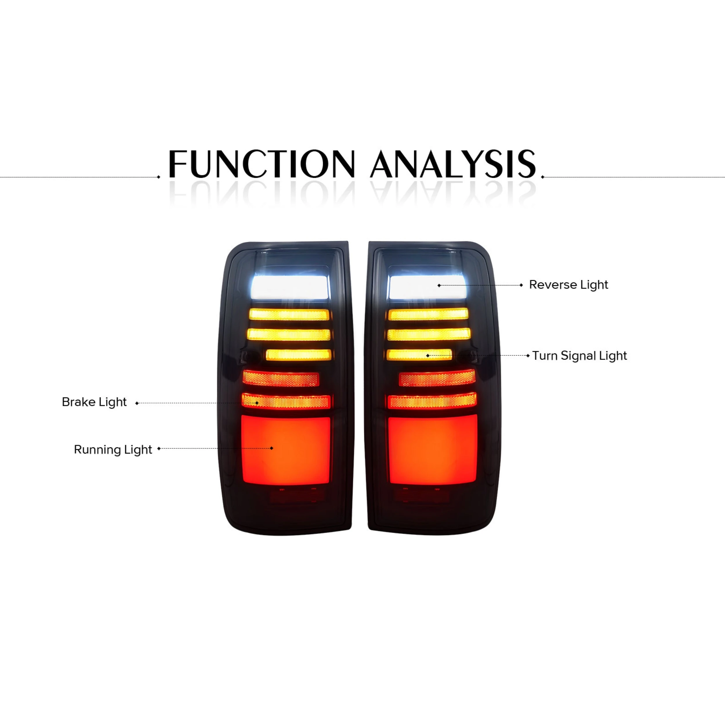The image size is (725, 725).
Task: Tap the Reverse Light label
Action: pyautogui.click(x=568, y=285)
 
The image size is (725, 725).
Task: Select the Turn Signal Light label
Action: pyautogui.click(x=579, y=356)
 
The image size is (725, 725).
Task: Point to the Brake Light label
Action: pyautogui.click(x=94, y=402)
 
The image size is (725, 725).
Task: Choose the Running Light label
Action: pyautogui.click(x=113, y=449)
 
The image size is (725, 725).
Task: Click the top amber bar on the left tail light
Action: pyautogui.click(x=289, y=314)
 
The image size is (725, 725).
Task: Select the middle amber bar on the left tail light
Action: pyautogui.click(x=289, y=334)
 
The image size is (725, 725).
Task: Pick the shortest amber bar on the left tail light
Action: pyautogui.click(x=299, y=355)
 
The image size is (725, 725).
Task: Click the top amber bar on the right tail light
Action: pyautogui.click(x=428, y=314)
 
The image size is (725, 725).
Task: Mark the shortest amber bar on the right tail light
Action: pyautogui.click(x=419, y=355)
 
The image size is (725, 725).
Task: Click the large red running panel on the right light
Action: pyautogui.click(x=433, y=449)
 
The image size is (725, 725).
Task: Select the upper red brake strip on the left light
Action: pyautogui.click(x=281, y=379)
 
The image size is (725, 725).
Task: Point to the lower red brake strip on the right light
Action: pyautogui.click(x=432, y=401)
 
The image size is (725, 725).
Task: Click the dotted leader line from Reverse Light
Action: pyautogui.click(x=480, y=285)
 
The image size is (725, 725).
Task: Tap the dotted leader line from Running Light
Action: pyautogui.click(x=215, y=448)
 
